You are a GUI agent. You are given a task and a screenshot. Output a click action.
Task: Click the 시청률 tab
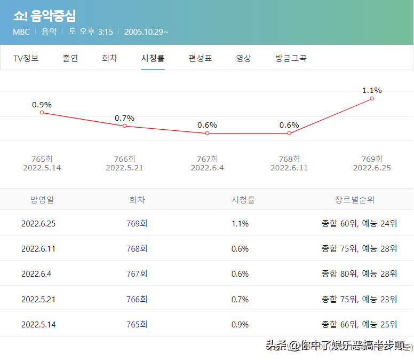pos(153,58)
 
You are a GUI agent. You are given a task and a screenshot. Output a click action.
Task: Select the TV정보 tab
pos(26,58)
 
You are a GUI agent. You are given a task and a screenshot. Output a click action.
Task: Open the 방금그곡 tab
pos(291,58)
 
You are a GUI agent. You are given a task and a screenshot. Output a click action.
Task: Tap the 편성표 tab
pos(200,58)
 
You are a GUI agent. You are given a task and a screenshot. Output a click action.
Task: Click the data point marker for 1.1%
pos(372,98)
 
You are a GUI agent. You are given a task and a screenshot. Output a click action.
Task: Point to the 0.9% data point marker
pos(42,113)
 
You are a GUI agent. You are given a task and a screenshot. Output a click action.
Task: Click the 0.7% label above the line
pos(124,118)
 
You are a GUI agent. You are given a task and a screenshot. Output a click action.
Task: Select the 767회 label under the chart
pos(207,159)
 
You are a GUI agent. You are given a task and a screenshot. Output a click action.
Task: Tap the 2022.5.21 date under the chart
pos(124,168)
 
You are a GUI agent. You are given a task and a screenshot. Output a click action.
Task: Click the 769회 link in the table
pos(137,223)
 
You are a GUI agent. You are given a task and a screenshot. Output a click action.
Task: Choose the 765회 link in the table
pos(137,324)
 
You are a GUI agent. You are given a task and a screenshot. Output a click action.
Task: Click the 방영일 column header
pos(42,200)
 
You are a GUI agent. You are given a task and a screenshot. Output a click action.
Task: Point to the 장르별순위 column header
pos(354,200)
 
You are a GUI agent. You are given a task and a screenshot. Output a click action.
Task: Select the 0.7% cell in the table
pos(240,299)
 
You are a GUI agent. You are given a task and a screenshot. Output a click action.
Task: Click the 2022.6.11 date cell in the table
pos(38,248)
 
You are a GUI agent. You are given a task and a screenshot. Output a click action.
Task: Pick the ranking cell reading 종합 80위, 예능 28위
pos(359,273)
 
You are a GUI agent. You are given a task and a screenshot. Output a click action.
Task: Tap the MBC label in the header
pos(21,32)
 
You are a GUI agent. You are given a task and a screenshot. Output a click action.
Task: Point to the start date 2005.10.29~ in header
pos(146,32)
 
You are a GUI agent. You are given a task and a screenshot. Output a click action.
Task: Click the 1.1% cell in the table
pos(240,223)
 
